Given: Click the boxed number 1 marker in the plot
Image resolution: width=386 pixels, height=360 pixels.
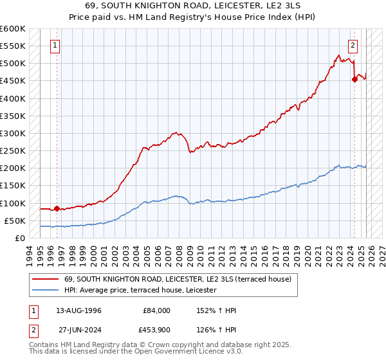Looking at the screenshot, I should [x=55, y=46].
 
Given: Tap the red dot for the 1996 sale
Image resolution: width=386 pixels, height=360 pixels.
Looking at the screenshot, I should [x=57, y=208].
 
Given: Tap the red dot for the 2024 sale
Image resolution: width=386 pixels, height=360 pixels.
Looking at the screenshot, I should [x=354, y=79].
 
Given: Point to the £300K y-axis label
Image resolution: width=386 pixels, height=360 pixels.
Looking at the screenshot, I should [x=13, y=134].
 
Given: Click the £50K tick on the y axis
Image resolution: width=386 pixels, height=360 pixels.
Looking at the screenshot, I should [x=14, y=221].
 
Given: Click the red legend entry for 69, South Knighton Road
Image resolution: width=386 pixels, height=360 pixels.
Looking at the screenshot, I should [x=178, y=279].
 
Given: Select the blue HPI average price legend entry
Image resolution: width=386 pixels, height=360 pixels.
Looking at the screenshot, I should [x=140, y=291].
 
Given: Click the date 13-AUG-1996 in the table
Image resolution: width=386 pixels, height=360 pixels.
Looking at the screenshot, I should [x=78, y=310].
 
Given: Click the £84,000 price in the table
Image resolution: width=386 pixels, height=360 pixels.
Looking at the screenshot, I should [x=156, y=310].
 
